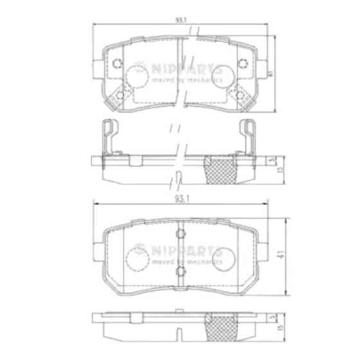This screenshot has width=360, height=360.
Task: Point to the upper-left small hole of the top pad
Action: [117, 63]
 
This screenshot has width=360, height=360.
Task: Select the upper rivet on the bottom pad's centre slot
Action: [181, 233]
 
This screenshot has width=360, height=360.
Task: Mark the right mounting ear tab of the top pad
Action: [264, 66]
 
